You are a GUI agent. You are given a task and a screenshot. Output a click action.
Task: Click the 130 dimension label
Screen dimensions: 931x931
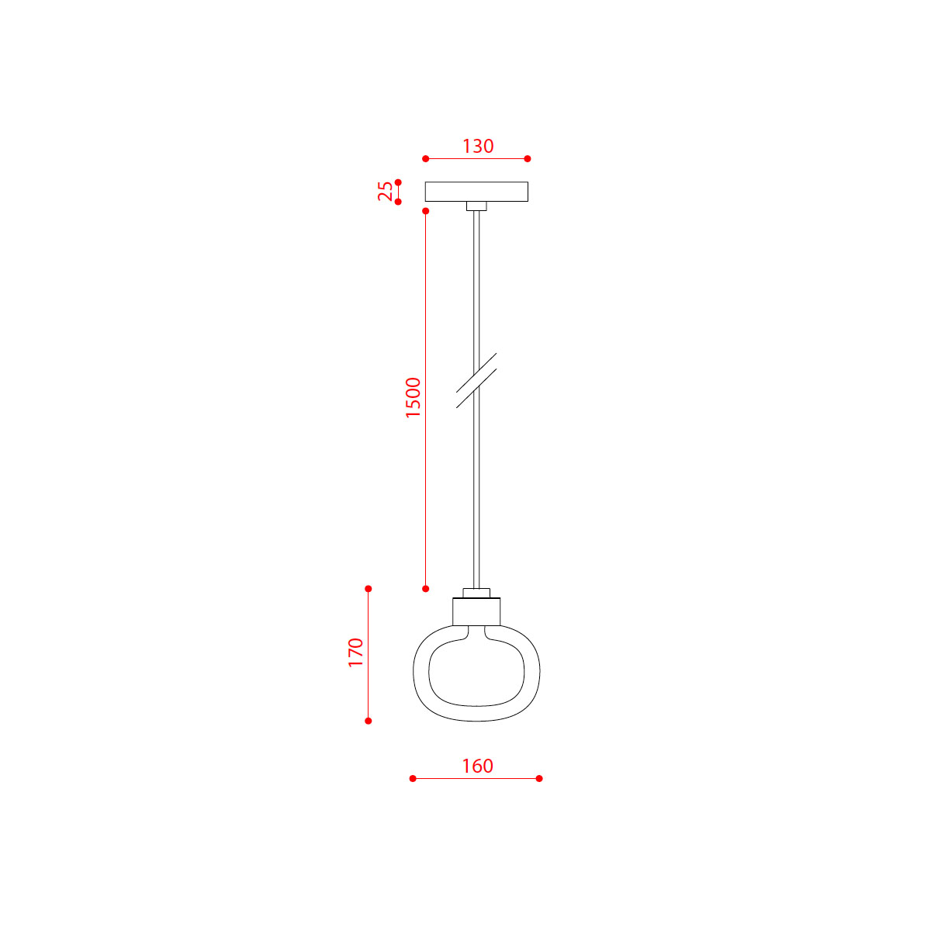pos(478,146)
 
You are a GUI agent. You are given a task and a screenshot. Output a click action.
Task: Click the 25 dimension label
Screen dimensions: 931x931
pos(386,192)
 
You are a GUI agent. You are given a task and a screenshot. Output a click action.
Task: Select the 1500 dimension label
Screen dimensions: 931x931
pos(414,398)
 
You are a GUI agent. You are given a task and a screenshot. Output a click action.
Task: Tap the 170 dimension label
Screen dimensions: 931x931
pos(356,653)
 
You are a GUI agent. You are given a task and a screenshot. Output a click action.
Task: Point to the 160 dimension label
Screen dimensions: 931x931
pos(477,767)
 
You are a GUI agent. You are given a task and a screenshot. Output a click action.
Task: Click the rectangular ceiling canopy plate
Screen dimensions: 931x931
pos(476,192)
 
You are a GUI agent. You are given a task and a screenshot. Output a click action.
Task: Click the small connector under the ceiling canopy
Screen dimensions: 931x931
pos(476,206)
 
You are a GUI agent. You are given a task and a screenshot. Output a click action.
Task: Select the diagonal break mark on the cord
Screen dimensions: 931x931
pos(476,380)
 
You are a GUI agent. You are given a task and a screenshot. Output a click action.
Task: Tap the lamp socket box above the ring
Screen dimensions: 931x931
pos(476,612)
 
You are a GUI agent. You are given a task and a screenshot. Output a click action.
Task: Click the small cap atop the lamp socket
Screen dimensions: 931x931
pos(476,594)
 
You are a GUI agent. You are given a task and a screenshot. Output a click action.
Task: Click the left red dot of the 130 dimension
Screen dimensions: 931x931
pos(425,158)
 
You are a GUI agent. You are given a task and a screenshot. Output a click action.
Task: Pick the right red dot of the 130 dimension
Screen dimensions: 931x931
pos(528,158)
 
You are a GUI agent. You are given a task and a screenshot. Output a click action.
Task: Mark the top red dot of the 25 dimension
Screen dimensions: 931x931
pos(398,182)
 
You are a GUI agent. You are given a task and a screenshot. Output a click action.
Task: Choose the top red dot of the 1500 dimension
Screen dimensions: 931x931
pos(425,211)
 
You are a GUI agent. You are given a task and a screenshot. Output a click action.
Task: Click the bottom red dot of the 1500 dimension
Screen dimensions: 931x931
pos(425,589)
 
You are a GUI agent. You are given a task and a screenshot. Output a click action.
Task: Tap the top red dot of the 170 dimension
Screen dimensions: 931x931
pos(369,589)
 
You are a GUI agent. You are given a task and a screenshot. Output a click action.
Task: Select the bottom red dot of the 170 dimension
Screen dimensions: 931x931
pos(369,721)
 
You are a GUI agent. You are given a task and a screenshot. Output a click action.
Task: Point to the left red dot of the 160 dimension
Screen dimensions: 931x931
pos(413,778)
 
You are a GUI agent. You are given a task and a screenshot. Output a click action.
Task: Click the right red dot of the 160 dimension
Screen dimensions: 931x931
pos(539,778)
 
